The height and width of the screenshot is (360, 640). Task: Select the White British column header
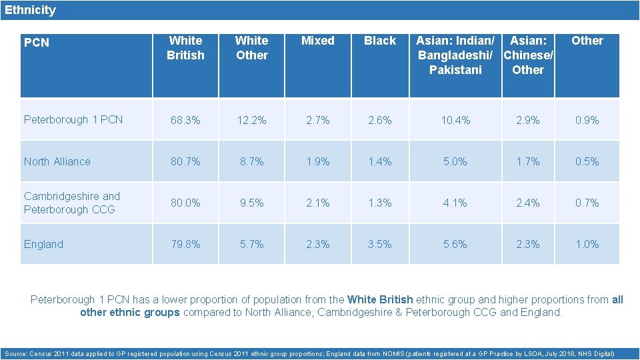(185, 48)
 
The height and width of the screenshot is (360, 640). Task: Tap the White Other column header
(252, 48)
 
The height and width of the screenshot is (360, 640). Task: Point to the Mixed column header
(318, 41)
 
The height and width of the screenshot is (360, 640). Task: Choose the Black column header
(380, 41)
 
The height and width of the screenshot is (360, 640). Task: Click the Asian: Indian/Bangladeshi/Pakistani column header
(455, 55)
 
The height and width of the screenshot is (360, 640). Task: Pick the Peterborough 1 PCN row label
(73, 120)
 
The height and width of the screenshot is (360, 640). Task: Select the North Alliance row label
(57, 161)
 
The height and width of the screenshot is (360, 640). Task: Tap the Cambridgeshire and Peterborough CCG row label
(71, 203)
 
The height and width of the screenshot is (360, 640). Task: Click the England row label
(43, 244)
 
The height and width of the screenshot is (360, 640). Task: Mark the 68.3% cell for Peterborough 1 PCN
(185, 121)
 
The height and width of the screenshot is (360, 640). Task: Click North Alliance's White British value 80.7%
(185, 162)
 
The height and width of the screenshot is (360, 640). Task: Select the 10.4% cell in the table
(455, 121)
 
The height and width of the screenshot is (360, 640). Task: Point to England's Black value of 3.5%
(380, 245)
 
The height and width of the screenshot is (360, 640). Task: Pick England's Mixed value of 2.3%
(318, 245)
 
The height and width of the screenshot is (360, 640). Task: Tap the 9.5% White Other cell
(252, 203)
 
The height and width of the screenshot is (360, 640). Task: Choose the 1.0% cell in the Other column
(587, 245)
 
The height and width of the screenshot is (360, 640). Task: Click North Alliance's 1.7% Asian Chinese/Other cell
(528, 162)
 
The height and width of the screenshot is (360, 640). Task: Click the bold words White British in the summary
(380, 300)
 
